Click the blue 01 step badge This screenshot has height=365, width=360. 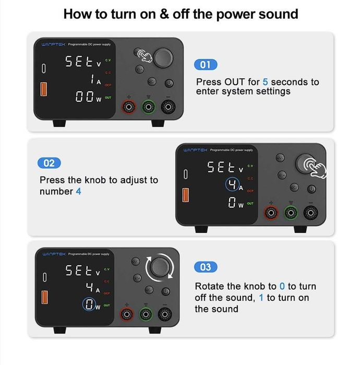click(x=206, y=65)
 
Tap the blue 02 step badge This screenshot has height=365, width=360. click(x=49, y=163)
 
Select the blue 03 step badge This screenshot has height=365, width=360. click(x=206, y=267)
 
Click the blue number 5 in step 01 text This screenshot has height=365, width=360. click(x=265, y=82)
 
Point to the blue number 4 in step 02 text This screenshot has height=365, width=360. click(x=78, y=191)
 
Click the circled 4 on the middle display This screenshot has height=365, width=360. click(x=233, y=185)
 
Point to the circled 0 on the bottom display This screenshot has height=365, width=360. click(x=91, y=305)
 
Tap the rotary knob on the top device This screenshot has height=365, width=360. click(x=163, y=56)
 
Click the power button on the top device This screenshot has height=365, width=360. click(x=169, y=83)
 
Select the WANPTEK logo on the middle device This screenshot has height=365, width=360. click(x=195, y=150)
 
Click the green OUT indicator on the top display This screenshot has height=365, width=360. click(x=108, y=98)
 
